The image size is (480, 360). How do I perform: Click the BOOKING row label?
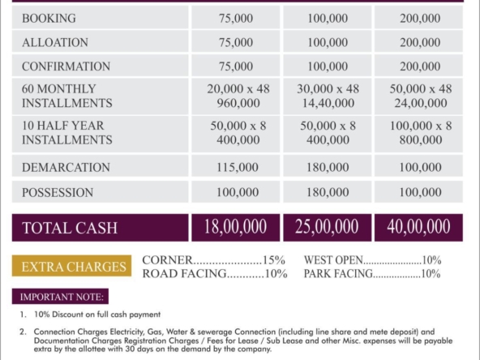tap(49, 19)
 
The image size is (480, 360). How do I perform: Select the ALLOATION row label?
tap(55, 42)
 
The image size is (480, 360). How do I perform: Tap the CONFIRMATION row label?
tap(66, 66)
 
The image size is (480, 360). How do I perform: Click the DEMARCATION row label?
tap(66, 168)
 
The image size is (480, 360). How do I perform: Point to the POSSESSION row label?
tap(58, 192)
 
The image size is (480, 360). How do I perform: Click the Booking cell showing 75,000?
tap(236, 19)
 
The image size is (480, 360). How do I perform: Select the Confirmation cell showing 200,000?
tap(420, 66)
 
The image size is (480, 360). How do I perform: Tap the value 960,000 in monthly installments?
tap(238, 103)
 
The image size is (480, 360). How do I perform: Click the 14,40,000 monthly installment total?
tap(328, 103)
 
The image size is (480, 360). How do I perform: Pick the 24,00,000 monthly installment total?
tap(421, 103)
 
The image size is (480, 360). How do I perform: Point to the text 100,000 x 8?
tap(421, 126)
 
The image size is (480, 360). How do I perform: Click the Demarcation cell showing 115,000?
tap(238, 168)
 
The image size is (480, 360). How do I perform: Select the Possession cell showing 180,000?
tap(328, 192)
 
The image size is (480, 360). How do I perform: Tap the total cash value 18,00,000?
tap(235, 227)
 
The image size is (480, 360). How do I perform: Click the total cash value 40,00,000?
tap(418, 227)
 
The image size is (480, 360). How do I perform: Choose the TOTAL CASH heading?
tap(70, 228)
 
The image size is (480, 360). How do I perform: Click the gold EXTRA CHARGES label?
tap(72, 266)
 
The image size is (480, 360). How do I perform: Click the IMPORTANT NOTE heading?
tap(61, 297)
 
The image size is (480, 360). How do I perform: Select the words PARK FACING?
tap(338, 274)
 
